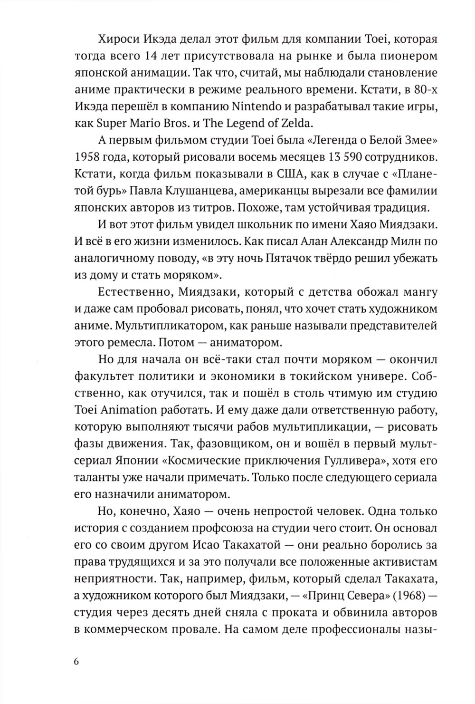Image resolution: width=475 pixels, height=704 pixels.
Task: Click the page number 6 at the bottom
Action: click(x=77, y=663)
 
